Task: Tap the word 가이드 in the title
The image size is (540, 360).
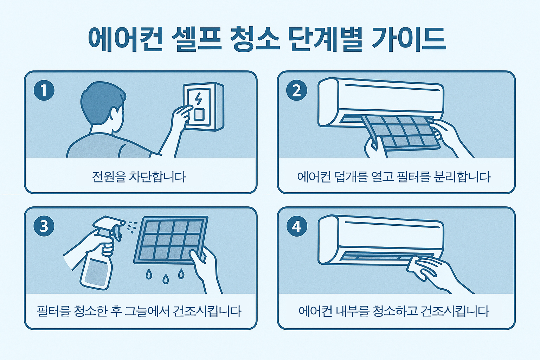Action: coord(409,39)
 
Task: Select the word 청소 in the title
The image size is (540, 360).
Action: coord(255,39)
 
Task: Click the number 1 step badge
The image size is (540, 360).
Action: coord(44,90)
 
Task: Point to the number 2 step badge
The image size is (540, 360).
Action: coord(296,90)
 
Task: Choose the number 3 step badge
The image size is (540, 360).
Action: coord(44,226)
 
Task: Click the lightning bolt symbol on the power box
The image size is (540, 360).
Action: coord(198,99)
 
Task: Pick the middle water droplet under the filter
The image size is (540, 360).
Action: coord(166,279)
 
